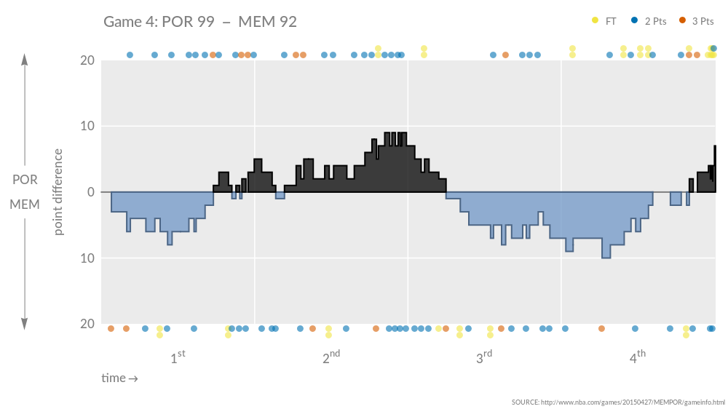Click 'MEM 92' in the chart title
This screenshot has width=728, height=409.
268,22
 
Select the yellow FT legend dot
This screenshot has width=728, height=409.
596,21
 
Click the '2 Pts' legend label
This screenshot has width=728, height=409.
655,21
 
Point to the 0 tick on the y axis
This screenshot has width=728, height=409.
90,192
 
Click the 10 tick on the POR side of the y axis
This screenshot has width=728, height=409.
87,126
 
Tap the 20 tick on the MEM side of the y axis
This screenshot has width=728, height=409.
87,324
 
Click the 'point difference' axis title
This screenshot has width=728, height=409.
59,192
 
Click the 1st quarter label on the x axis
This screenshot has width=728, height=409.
178,357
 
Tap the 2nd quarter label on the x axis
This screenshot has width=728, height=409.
331,357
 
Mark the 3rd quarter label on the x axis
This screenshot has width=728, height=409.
484,357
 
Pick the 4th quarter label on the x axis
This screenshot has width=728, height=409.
637,357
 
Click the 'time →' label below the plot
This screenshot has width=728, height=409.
120,378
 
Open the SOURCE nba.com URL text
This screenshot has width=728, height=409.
618,402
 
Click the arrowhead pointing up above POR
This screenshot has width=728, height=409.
25,60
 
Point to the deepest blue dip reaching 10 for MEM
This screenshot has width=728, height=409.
606,256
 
